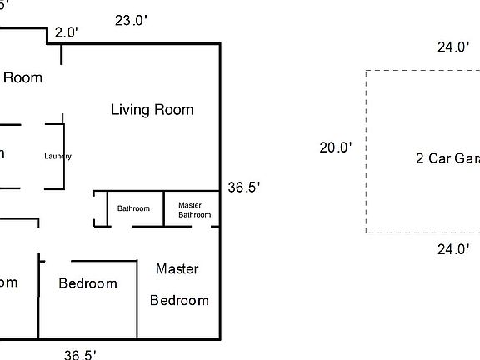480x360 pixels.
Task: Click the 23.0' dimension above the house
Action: point(132,21)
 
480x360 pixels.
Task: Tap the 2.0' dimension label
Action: point(66,33)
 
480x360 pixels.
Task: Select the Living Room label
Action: point(152,110)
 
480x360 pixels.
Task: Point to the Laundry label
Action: point(58,156)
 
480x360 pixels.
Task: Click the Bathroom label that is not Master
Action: point(133,208)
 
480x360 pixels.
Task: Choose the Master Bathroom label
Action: point(195,209)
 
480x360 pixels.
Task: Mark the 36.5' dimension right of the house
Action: point(245,188)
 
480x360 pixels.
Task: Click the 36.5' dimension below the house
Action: point(80,354)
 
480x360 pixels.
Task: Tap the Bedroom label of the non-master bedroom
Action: point(87,283)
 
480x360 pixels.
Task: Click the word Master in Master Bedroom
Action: point(177,268)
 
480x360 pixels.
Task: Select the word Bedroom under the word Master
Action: point(179,300)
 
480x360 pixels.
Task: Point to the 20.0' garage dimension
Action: point(336,147)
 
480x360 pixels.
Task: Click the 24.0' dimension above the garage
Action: point(453,47)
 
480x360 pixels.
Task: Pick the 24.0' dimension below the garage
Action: point(453,247)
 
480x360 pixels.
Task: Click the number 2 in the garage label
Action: point(420,158)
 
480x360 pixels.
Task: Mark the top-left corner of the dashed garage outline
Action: point(366,72)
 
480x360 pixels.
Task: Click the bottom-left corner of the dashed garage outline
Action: point(366,232)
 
